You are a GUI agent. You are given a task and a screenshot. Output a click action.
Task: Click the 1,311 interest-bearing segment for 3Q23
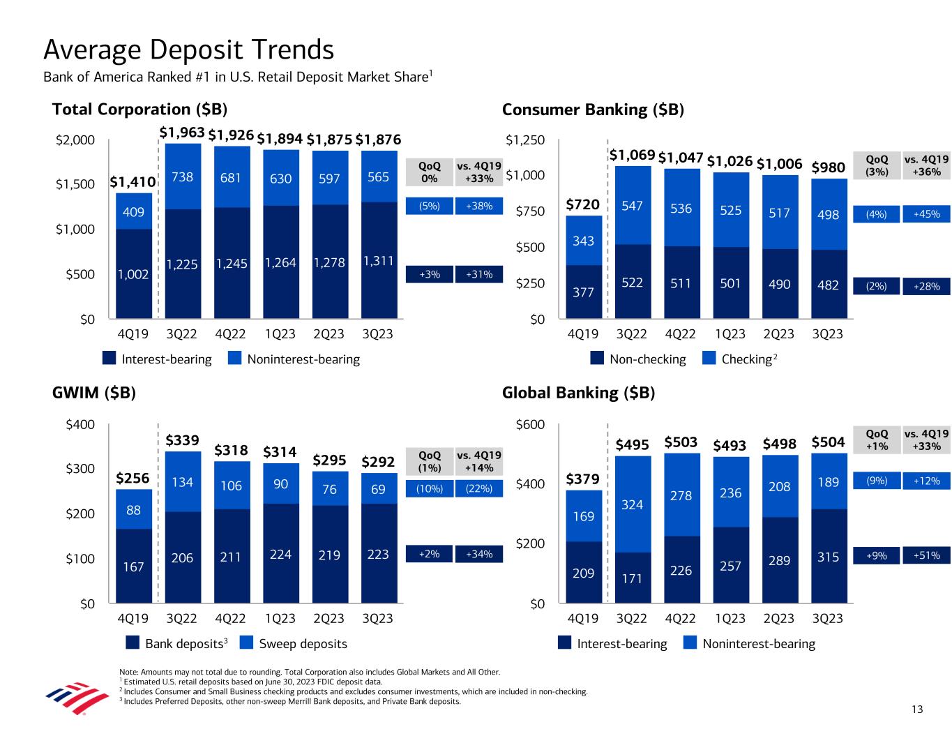point(378,261)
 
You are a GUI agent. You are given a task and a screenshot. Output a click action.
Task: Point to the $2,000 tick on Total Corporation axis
point(75,140)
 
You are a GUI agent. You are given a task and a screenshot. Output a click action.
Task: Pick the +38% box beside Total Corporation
point(478,206)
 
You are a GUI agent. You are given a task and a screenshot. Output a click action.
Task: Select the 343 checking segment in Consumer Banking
point(583,241)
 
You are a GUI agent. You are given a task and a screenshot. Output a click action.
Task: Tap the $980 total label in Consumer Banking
point(829,167)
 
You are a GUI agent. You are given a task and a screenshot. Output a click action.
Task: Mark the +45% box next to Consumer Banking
point(926,215)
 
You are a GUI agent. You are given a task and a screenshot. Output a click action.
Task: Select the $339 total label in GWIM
point(183,441)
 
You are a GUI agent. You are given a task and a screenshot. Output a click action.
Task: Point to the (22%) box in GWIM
point(478,489)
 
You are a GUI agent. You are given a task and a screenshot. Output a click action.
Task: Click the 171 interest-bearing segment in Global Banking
point(632,578)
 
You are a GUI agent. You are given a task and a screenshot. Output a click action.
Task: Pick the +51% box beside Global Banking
point(926,556)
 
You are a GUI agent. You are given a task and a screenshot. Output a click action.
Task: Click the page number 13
point(916,709)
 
